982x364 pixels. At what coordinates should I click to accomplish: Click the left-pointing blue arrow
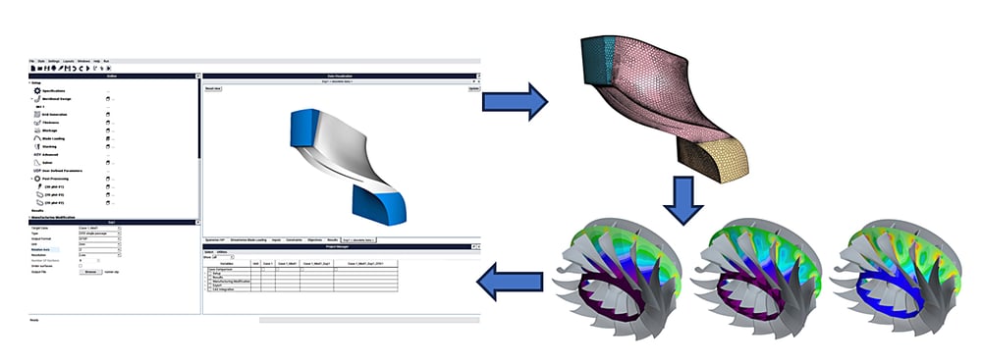click(510, 285)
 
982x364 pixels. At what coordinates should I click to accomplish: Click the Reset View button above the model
click(212, 88)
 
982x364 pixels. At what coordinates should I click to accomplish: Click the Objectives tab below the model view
click(314, 239)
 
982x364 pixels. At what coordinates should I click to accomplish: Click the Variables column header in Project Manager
click(227, 263)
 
